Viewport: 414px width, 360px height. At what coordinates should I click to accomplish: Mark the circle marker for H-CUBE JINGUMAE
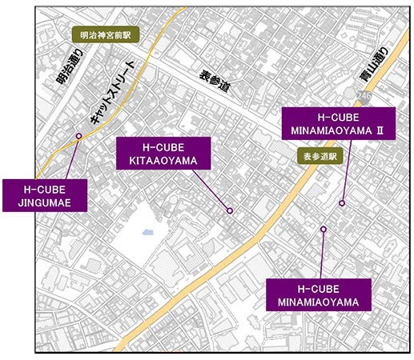pos(78,136)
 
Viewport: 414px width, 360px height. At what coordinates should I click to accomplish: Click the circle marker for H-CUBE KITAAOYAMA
pos(230,210)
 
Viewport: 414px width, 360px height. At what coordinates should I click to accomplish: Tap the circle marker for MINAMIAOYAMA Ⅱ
pos(343,203)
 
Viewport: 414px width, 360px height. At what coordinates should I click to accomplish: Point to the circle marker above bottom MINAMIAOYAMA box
pos(324,230)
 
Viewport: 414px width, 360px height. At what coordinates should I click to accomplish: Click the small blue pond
pos(147,234)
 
